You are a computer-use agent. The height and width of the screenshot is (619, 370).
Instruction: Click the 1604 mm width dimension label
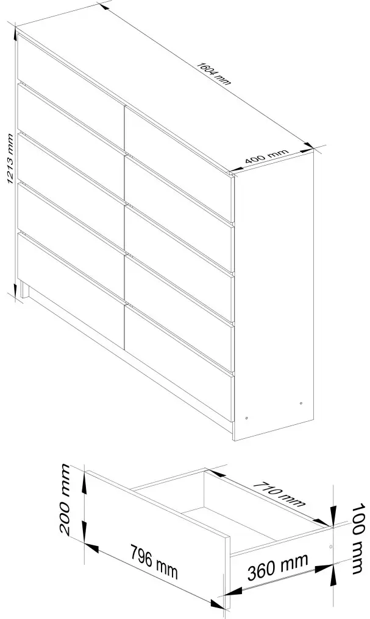coord(213,74)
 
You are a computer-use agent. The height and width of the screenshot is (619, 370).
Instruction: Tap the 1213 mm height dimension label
coord(11,159)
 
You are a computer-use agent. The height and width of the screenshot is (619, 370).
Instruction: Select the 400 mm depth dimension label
coord(266,156)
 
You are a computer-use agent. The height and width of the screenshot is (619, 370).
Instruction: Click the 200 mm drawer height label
coord(66,500)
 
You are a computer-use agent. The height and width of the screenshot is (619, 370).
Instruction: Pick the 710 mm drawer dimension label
coord(279,494)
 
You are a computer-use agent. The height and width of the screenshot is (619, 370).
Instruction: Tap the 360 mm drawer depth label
coord(277,567)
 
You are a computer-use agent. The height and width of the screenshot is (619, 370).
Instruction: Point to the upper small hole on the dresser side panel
coord(301,403)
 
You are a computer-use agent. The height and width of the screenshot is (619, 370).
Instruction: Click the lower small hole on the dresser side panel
coord(247,418)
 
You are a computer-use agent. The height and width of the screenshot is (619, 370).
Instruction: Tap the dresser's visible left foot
coord(26,290)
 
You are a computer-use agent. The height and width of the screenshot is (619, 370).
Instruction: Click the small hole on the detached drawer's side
coord(331,547)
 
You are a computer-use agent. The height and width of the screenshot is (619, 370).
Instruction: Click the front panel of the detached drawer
coord(158,539)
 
